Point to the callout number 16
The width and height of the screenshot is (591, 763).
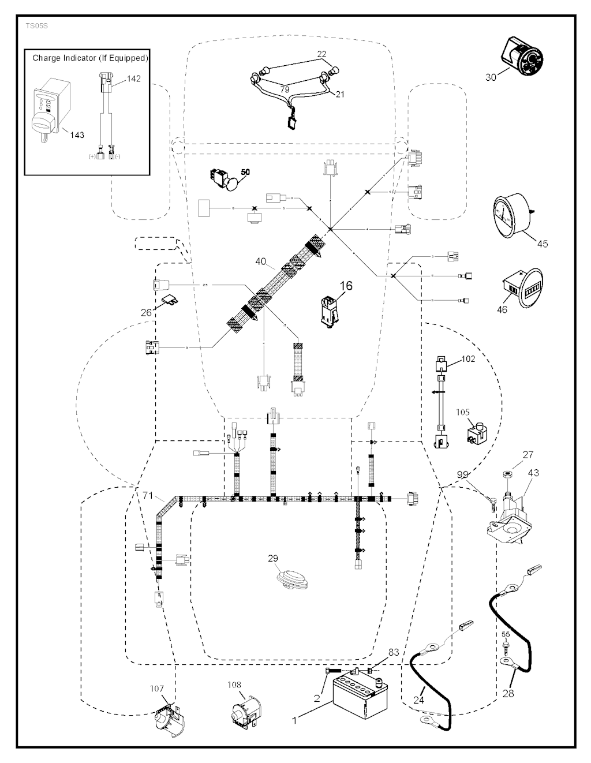pos(346,286)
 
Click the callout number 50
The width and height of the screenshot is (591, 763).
pos(246,172)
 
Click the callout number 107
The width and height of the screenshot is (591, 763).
pos(157,689)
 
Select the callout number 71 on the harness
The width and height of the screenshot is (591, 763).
pos(148,495)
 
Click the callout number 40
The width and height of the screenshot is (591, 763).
pos(260,261)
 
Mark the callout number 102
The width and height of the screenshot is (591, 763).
pos(468,358)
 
